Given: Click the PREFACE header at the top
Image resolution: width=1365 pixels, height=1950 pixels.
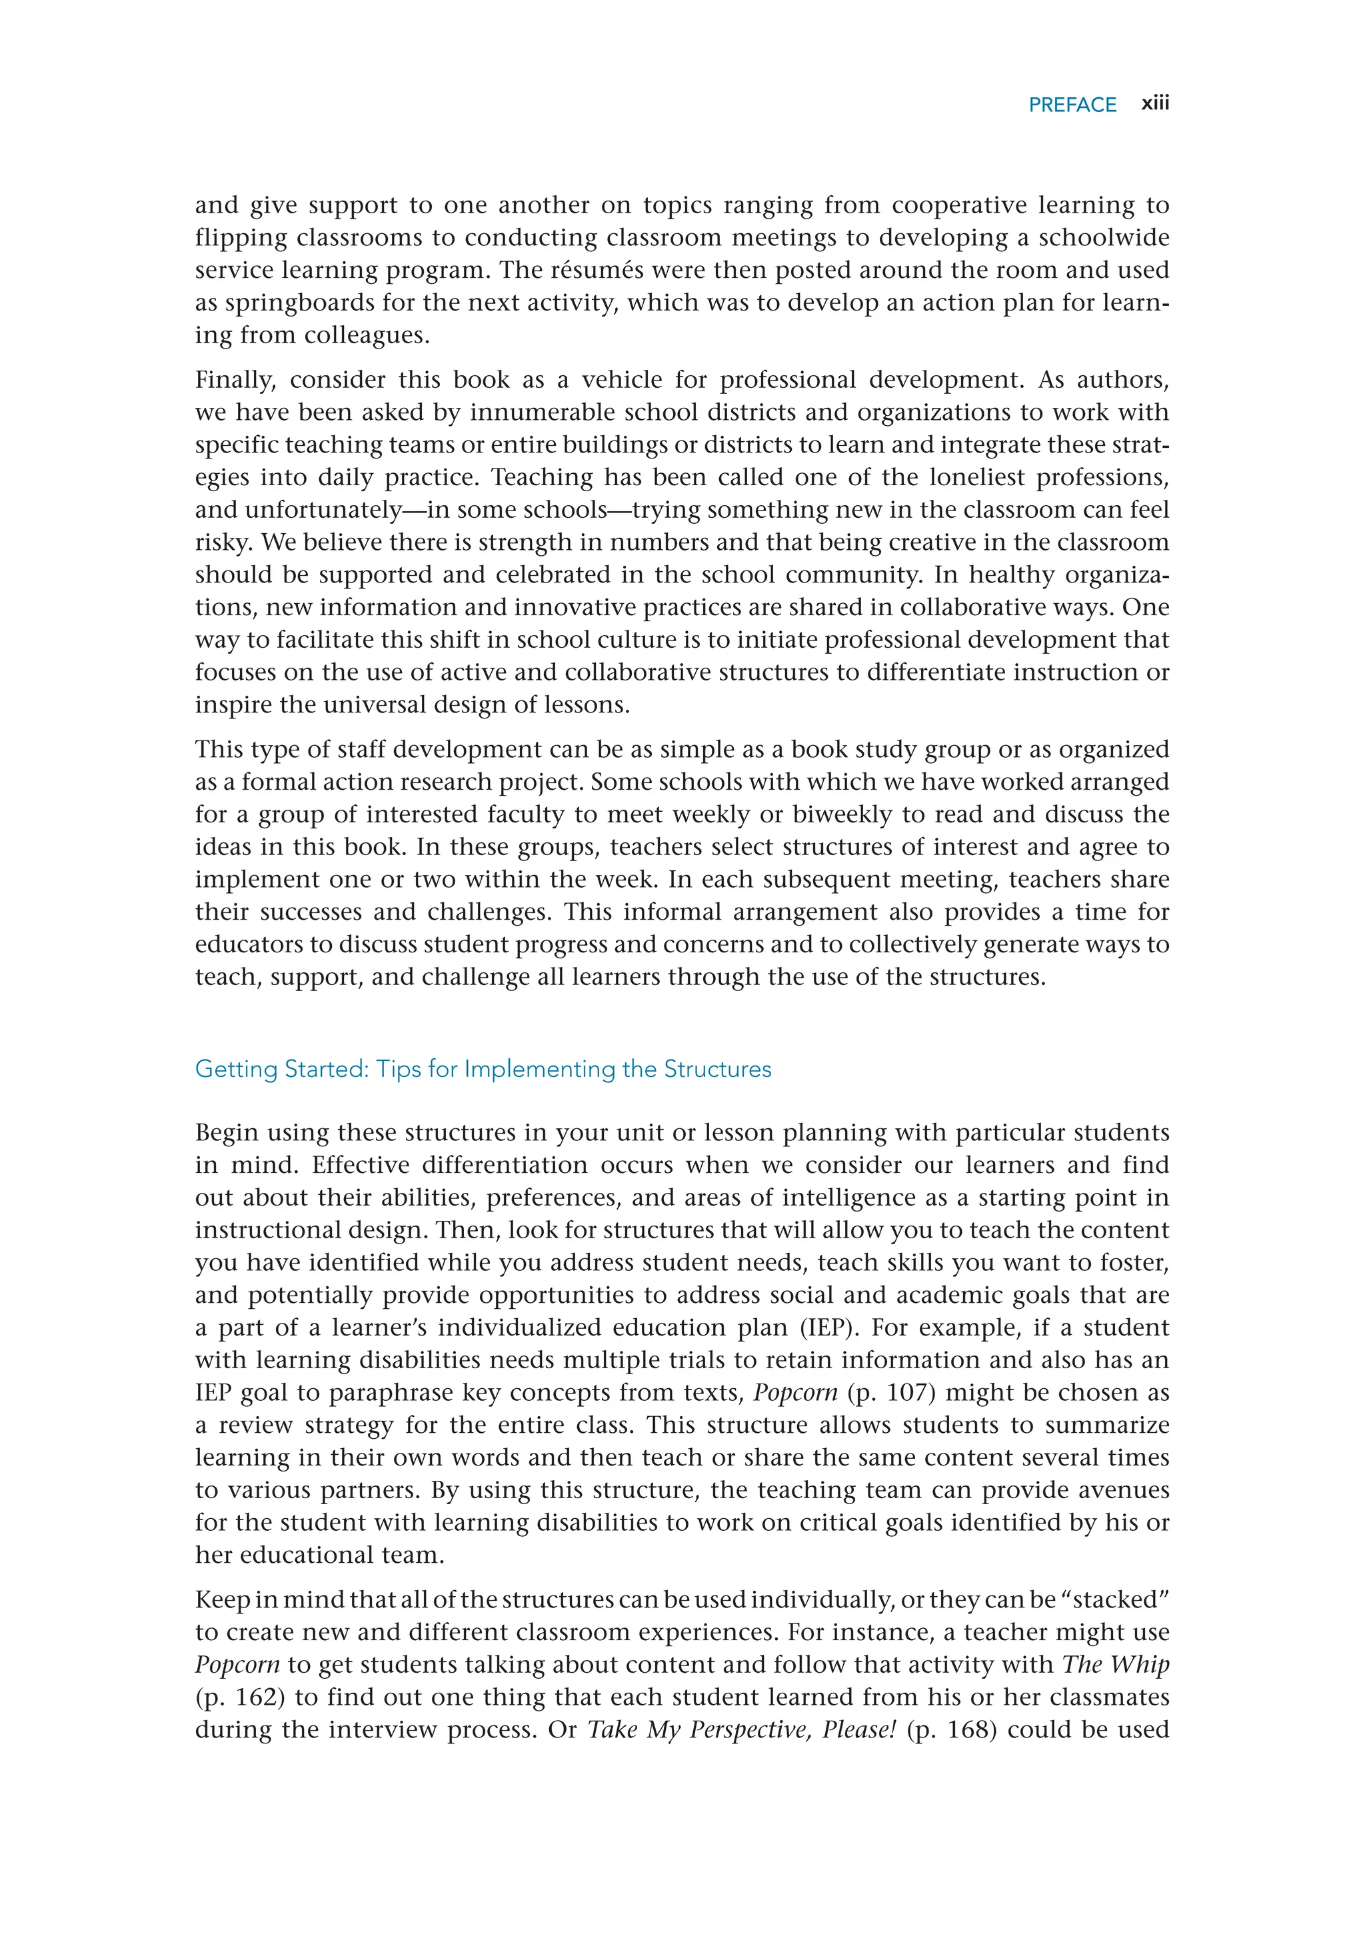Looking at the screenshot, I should coord(1072,105).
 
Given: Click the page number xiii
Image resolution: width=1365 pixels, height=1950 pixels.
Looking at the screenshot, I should coord(1155,103).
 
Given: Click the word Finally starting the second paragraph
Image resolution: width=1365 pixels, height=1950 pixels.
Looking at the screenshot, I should coord(235,380).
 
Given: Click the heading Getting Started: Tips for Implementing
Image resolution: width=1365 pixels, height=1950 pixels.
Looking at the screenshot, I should coord(483,1068).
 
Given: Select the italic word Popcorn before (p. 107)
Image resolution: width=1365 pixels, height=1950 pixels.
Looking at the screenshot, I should coord(795,1393).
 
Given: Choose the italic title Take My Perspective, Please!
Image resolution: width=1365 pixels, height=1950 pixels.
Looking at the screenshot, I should coord(742,1729).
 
